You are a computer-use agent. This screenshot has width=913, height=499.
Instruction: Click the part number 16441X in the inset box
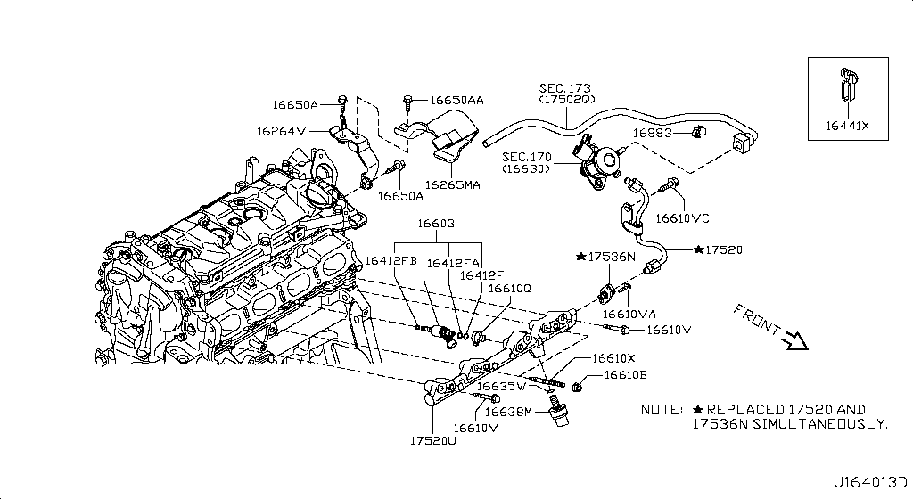[847, 126]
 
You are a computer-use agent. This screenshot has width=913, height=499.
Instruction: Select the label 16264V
[281, 131]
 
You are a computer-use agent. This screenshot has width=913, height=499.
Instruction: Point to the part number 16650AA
[456, 101]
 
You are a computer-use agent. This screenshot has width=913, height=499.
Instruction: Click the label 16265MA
[452, 185]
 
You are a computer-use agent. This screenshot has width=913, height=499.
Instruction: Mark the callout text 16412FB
[391, 262]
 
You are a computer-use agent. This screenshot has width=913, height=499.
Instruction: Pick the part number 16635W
[501, 387]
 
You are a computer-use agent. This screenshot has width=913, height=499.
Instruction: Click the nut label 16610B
[625, 375]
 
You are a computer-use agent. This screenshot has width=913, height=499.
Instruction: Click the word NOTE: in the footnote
[662, 410]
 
